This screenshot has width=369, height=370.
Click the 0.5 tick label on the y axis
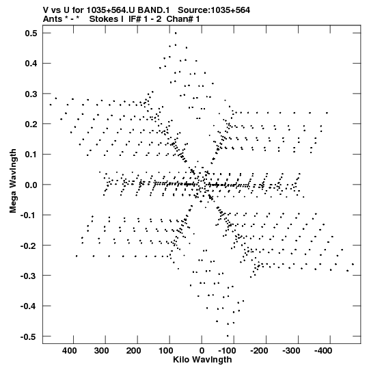coord(31,34)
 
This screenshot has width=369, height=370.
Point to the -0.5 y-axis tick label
coord(29,336)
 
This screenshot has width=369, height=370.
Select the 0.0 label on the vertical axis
coord(31,185)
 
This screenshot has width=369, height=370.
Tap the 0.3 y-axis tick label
coord(31,94)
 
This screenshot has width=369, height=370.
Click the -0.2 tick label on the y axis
coord(29,246)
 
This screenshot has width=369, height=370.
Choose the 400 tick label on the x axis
coord(69,351)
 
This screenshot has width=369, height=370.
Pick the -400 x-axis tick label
coord(323,351)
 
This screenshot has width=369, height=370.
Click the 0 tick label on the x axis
coord(202,351)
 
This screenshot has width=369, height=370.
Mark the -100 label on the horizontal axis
coord(227,351)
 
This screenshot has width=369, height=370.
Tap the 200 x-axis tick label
coord(133,351)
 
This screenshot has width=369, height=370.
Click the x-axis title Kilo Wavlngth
coord(202,360)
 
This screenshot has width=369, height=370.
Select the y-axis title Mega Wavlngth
coord(13,181)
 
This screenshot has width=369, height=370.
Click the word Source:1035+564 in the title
coord(214,10)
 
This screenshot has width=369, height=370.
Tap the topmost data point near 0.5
coord(176,34)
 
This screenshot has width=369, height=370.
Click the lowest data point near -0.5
coord(228,336)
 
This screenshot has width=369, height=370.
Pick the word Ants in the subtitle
coord(51,19)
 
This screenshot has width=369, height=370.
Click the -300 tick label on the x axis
coord(291,351)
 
